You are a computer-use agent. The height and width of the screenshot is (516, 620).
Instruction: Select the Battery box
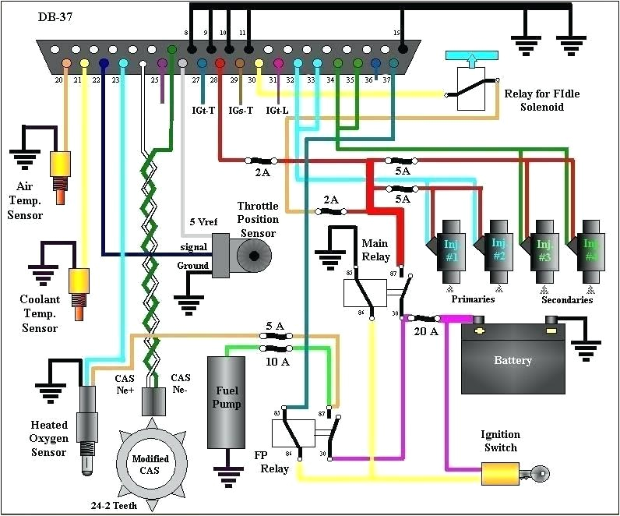click(513, 359)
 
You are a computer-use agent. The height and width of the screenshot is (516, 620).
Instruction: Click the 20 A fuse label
click(425, 331)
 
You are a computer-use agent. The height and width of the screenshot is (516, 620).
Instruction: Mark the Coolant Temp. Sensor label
click(39, 313)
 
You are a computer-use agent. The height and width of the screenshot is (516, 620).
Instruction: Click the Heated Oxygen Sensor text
click(49, 438)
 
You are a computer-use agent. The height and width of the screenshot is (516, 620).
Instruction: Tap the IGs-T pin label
click(239, 110)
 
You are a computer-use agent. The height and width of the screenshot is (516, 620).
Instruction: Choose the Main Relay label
click(375, 249)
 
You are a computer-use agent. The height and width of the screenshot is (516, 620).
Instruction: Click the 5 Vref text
click(205, 221)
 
